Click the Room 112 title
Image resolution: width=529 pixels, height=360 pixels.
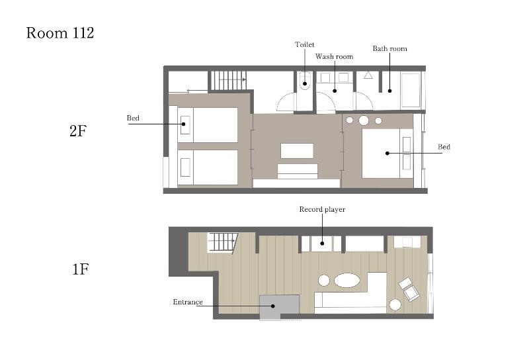pyautogui.click(x=60, y=33)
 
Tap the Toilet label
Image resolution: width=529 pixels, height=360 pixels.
pyautogui.click(x=305, y=44)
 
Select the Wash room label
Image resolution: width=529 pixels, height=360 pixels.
pyautogui.click(x=335, y=56)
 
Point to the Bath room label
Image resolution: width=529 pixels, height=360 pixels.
pyautogui.click(x=389, y=48)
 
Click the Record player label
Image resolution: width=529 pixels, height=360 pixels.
pyautogui.click(x=322, y=209)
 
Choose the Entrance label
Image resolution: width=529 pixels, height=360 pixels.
pyautogui.click(x=188, y=302)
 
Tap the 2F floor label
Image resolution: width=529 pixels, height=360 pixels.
pyautogui.click(x=78, y=130)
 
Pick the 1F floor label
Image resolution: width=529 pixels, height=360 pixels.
pyautogui.click(x=80, y=269)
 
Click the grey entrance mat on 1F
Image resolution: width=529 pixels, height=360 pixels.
pyautogui.click(x=279, y=307)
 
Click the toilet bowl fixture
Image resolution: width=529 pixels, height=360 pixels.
pyautogui.click(x=304, y=81)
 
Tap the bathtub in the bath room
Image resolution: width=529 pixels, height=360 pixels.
pyautogui.click(x=411, y=90)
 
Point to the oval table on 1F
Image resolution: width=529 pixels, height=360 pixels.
pyautogui.click(x=346, y=281)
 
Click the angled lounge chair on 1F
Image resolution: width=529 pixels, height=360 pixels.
pyautogui.click(x=409, y=289)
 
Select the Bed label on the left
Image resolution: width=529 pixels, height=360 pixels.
pyautogui.click(x=133, y=118)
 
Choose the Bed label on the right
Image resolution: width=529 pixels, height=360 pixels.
pyautogui.click(x=444, y=146)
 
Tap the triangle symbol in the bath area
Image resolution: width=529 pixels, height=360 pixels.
pyautogui.click(x=368, y=75)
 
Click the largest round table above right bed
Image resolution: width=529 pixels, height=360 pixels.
pyautogui.click(x=364, y=120)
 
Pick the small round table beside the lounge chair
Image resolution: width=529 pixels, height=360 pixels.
pyautogui.click(x=395, y=304)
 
